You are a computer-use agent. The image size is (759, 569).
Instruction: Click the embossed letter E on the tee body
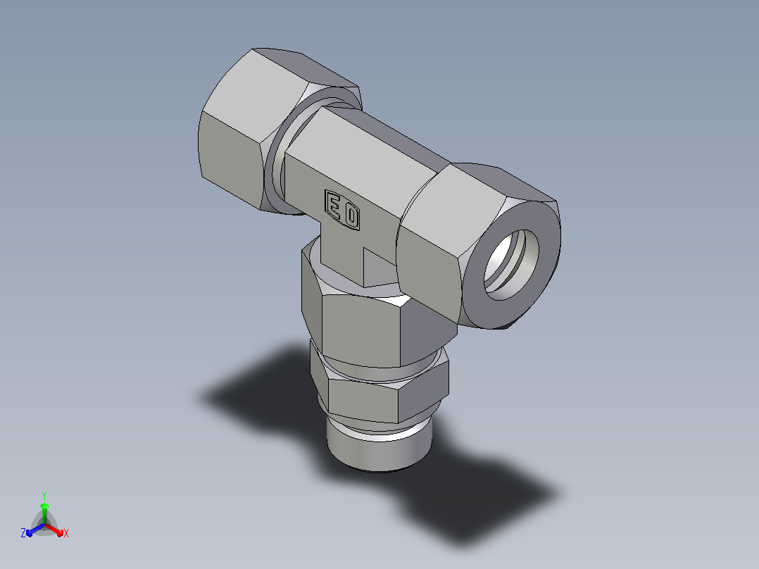334,205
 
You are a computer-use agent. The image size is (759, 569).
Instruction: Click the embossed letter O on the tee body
351,216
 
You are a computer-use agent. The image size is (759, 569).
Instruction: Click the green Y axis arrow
44,513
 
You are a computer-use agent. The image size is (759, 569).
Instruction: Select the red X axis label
66,533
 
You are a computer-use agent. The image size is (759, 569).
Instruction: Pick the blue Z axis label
23,532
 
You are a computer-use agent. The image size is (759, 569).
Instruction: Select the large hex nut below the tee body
377,315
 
